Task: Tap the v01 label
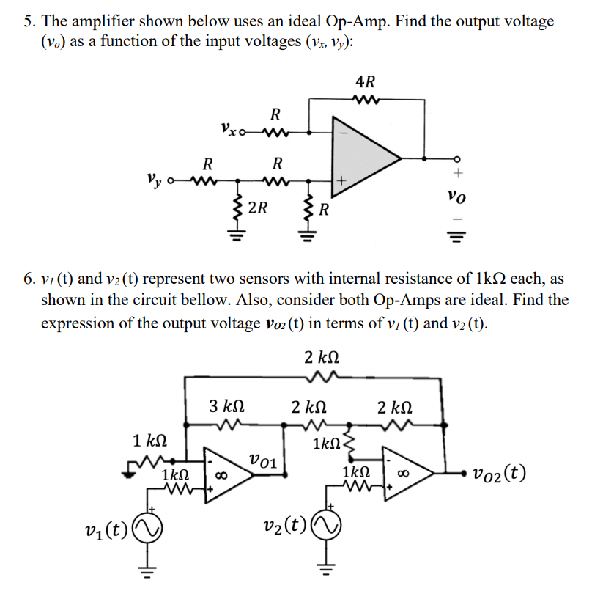(262, 460)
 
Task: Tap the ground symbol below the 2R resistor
(235, 236)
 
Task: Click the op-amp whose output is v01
(229, 474)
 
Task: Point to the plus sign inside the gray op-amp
(341, 178)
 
